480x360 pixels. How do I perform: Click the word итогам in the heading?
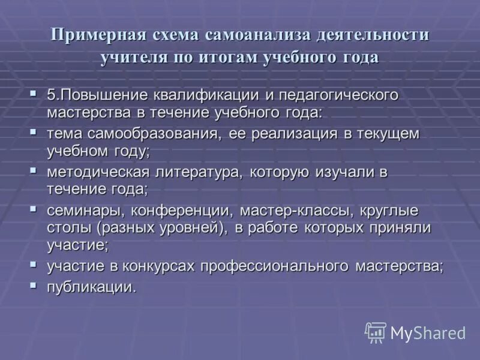click(x=226, y=58)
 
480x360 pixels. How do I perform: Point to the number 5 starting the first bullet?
click(x=51, y=95)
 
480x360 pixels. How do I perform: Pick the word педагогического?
click(x=338, y=95)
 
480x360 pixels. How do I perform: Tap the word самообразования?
click(x=155, y=134)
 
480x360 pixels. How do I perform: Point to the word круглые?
click(x=391, y=211)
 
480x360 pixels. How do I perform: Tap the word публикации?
click(x=91, y=286)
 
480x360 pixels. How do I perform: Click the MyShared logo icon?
click(x=375, y=332)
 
